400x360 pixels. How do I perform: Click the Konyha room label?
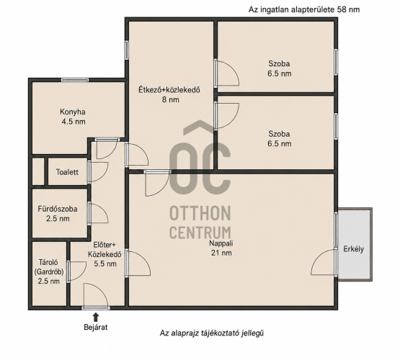click(x=73, y=117)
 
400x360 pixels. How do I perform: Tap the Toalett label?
click(x=67, y=172)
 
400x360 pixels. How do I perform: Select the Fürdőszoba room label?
click(x=58, y=214)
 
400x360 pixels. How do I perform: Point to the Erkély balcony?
click(x=354, y=249)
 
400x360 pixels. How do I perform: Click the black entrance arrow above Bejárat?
click(x=96, y=318)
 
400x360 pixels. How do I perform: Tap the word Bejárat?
click(x=96, y=327)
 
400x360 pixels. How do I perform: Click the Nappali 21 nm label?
click(x=221, y=248)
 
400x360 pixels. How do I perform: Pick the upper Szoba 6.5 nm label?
click(x=280, y=68)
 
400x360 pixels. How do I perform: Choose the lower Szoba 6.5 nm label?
click(x=280, y=138)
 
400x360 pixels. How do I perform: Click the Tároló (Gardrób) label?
click(x=49, y=271)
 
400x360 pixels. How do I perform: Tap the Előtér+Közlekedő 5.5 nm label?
click(x=105, y=254)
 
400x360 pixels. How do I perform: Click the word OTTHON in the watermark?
click(x=200, y=213)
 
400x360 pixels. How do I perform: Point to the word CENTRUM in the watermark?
click(x=200, y=233)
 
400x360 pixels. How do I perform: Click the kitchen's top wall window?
click(x=75, y=80)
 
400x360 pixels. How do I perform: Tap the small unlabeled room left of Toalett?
click(x=38, y=171)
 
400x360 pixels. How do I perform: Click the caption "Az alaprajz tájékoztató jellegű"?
click(x=211, y=333)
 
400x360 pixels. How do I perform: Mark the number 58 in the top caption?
click(x=342, y=9)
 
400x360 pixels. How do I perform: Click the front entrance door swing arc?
click(x=101, y=289)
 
